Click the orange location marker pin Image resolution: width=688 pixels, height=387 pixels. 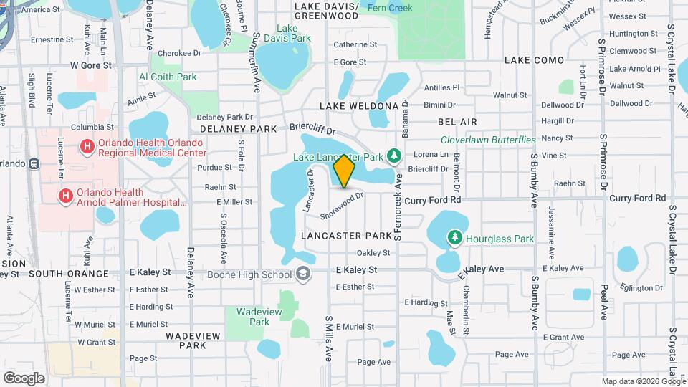click(345, 171)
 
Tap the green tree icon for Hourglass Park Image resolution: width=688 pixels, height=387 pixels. click(454, 236)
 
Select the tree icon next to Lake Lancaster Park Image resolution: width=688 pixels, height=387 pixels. click(393, 156)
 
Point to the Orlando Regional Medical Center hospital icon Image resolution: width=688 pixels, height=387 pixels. click(87, 147)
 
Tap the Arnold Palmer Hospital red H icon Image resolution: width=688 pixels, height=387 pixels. click(65, 195)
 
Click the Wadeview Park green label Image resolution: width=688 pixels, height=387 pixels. click(249, 317)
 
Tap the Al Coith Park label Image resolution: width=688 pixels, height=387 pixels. click(168, 77)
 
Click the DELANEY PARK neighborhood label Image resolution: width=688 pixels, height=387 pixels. click(238, 129)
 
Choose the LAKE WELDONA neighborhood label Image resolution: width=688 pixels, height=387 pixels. click(358, 106)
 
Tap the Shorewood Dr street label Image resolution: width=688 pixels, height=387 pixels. click(343, 204)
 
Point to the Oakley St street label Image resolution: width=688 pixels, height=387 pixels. click(373, 252)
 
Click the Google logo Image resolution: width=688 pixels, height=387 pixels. click(24, 378)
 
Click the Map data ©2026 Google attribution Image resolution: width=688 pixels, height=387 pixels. click(643, 381)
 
